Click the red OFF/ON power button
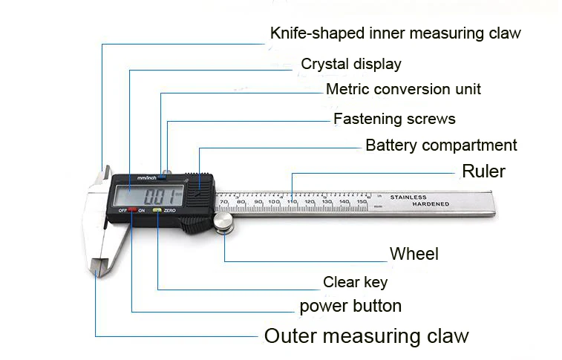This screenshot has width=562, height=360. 132,210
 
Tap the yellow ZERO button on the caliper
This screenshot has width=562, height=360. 157,210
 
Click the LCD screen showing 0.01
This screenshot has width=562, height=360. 148,195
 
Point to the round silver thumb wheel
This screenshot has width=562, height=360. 223,222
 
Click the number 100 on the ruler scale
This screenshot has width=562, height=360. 274,202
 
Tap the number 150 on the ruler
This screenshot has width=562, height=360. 362,202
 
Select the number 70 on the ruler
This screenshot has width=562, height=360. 224,202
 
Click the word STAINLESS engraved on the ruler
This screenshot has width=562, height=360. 408,197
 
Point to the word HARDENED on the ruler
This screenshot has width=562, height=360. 431,204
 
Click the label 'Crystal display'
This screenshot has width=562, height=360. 351,64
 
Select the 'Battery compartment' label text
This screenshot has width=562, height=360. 441,145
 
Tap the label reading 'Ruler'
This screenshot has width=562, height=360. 483,171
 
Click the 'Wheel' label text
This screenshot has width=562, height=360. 414,254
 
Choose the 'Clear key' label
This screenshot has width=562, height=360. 355,282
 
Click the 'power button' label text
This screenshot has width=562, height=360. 350,307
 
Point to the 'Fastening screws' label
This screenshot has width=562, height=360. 394,119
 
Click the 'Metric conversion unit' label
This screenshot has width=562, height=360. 403,89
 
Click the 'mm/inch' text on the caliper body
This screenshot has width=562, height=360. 146,177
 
